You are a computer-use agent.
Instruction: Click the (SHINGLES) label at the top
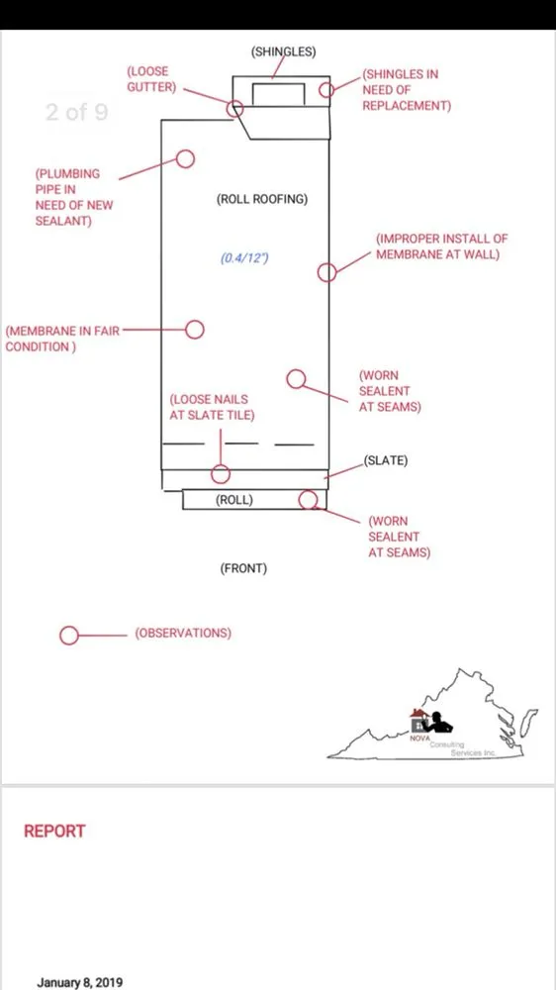coord(283,51)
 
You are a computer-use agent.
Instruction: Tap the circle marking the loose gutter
coord(228,109)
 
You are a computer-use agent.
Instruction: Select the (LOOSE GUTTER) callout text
coord(151,79)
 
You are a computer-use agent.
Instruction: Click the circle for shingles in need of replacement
coord(320,90)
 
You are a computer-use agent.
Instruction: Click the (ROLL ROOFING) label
coord(262,200)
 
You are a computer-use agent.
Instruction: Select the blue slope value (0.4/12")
coord(244,258)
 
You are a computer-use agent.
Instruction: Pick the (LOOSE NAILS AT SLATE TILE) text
coord(212,407)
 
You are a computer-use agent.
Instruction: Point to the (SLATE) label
coord(386,460)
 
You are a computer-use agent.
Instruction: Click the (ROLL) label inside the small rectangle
coord(234,499)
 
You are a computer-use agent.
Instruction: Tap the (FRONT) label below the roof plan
coord(243,568)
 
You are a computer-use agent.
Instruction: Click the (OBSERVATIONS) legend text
coord(183,633)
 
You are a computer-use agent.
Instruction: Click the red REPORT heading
coord(54,831)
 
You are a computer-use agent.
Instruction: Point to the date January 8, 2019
coord(80,982)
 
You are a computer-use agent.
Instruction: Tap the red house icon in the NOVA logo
coord(417,716)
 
